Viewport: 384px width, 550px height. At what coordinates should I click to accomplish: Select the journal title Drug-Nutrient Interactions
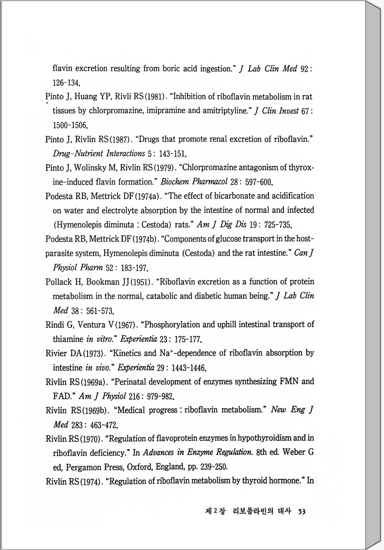coord(99,153)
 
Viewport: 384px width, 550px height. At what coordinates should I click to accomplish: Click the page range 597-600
coord(258,182)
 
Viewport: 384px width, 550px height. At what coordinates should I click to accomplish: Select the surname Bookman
coord(103,282)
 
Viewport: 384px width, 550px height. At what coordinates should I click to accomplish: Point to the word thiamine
coord(68,339)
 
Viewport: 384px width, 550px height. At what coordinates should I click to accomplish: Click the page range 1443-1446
coord(189,368)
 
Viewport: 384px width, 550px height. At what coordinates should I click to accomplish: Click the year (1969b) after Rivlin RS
coord(94,411)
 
